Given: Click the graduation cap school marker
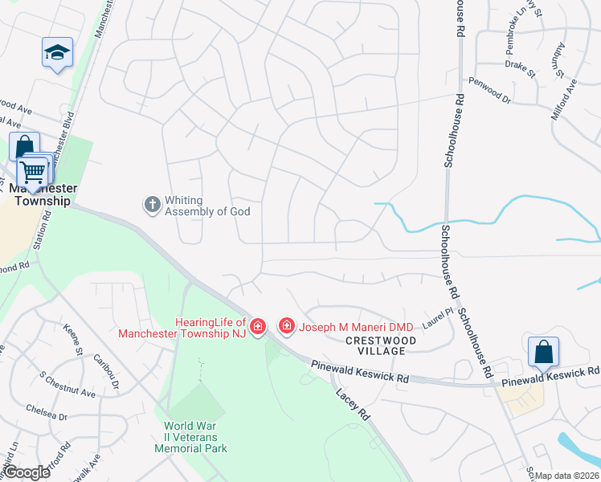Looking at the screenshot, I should [x=57, y=53].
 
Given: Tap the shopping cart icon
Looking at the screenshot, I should [x=32, y=172].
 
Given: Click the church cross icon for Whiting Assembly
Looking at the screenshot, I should [x=152, y=205].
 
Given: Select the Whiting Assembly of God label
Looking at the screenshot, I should [x=207, y=206].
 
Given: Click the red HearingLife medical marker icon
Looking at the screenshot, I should [x=258, y=326].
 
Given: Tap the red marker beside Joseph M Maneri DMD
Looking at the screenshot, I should [x=286, y=325].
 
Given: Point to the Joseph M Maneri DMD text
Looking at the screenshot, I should [x=356, y=327].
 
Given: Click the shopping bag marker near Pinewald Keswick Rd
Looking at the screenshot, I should [x=543, y=352].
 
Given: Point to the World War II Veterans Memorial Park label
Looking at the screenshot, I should [x=195, y=437].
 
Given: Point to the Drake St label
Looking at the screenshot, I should [x=520, y=69].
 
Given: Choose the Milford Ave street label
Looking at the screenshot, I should [x=564, y=99].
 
